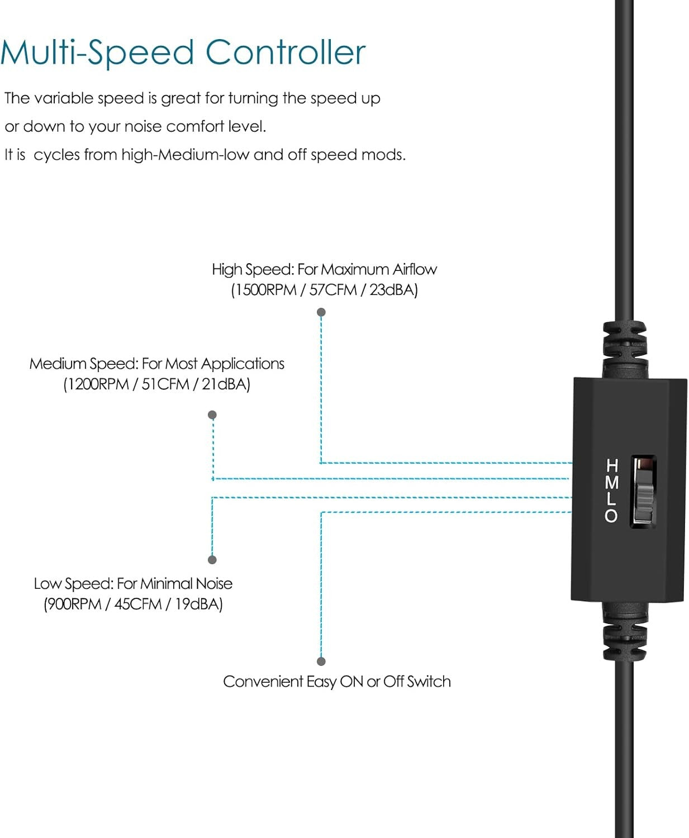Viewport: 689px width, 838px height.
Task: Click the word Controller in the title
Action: [x=286, y=53]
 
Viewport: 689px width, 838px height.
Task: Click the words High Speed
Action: [x=252, y=269]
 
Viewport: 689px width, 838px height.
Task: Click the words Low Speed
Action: [x=73, y=584]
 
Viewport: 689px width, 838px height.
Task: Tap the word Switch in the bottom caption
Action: [x=429, y=682]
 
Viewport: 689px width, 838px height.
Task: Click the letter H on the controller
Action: [x=612, y=465]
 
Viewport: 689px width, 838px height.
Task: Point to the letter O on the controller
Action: [x=611, y=516]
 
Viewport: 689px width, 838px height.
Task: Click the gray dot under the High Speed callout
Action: [x=321, y=312]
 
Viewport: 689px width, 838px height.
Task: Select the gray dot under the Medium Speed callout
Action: [x=212, y=415]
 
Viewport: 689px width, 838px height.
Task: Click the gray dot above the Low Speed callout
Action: [x=212, y=560]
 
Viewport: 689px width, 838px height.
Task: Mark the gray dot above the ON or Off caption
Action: [x=321, y=661]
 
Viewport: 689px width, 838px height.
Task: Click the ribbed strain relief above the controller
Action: [x=624, y=346]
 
